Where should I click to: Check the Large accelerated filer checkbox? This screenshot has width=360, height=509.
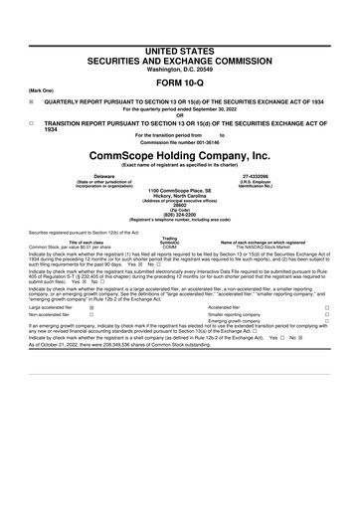tap(91, 309)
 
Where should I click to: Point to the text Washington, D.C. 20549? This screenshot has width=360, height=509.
tap(179, 40)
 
